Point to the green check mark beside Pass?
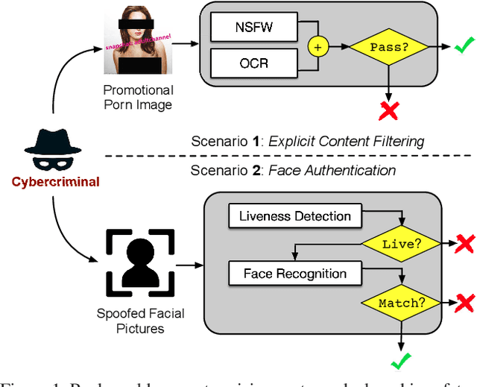click(462, 47)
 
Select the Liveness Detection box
click(295, 216)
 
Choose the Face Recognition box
click(295, 274)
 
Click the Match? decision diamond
click(402, 303)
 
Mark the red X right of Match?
click(464, 302)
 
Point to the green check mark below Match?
click(402, 364)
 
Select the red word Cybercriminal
click(54, 182)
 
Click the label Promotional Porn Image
click(137, 98)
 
